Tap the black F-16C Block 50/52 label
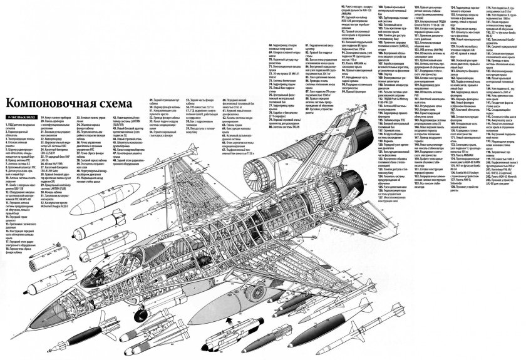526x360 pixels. click(x=19, y=116)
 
